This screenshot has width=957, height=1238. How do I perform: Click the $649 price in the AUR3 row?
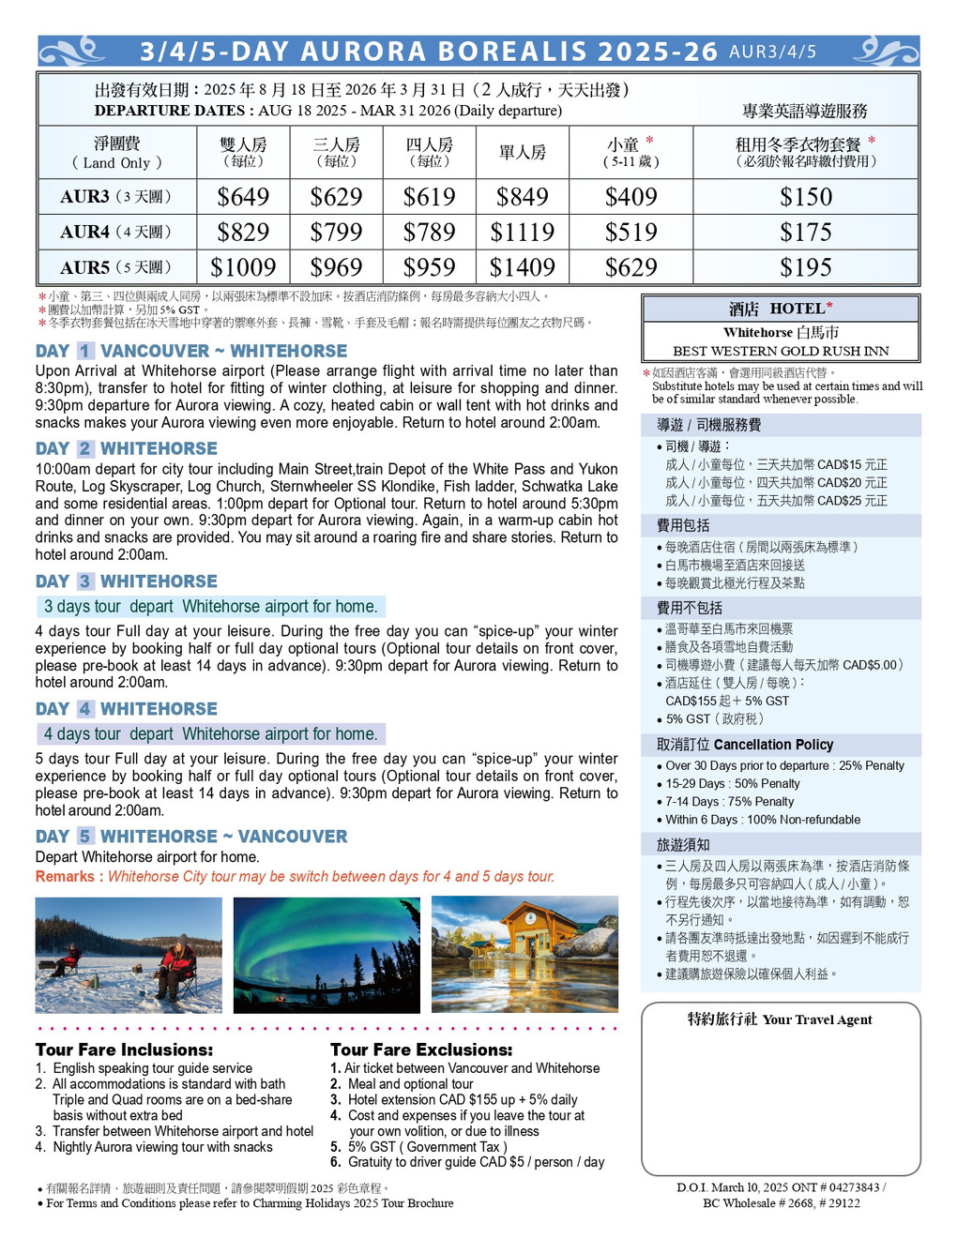(243, 197)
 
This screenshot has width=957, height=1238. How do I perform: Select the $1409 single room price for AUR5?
(522, 267)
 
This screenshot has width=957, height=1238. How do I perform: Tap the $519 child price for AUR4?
(630, 232)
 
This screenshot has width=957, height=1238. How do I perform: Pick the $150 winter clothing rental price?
(806, 197)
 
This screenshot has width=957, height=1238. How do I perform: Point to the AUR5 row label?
(115, 267)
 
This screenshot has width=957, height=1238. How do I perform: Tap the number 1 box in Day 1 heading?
(85, 351)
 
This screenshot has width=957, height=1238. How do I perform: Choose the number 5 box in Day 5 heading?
(85, 836)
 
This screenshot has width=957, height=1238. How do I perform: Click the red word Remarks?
(65, 876)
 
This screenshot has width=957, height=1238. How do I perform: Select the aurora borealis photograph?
(327, 955)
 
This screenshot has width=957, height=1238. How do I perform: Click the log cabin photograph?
(524, 955)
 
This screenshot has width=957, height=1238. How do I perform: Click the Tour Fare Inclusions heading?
(124, 1049)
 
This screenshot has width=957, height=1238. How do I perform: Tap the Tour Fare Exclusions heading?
(421, 1049)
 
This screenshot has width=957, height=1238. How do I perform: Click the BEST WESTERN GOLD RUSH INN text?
(781, 351)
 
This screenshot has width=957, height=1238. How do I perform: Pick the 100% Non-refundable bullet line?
(763, 820)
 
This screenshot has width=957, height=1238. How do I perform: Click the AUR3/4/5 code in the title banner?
(772, 52)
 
